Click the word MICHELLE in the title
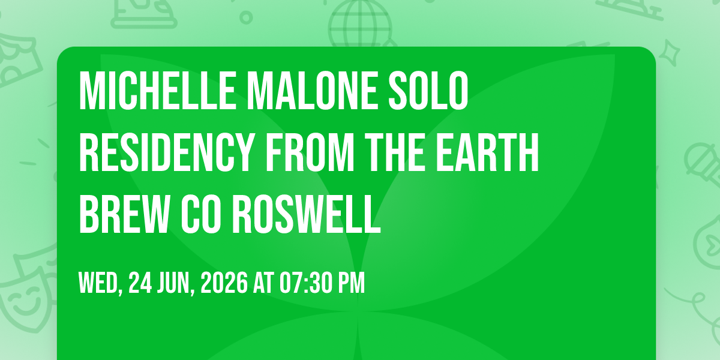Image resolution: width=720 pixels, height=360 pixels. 157,91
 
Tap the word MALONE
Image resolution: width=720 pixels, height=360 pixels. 313,91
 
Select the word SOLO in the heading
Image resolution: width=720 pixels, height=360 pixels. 428,91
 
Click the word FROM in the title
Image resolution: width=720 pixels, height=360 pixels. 311,152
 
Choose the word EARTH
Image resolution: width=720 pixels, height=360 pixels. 487,152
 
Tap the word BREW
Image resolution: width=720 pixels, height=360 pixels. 124,214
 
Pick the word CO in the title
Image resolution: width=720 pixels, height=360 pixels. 201,214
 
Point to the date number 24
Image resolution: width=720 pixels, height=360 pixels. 140,283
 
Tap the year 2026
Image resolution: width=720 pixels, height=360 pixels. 224,283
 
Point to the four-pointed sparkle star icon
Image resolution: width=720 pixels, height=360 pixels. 669,53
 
